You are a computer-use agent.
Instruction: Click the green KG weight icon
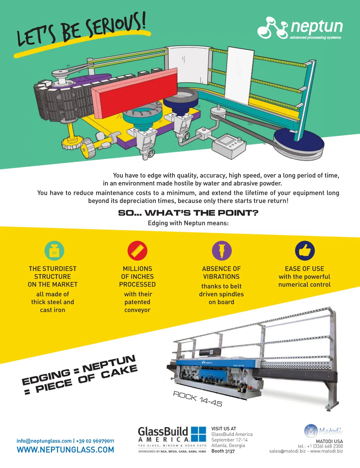[54, 251]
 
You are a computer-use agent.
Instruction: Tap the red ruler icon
[137, 251]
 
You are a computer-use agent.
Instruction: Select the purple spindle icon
[221, 251]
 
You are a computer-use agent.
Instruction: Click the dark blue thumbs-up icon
[305, 251]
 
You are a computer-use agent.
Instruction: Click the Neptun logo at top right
[300, 28]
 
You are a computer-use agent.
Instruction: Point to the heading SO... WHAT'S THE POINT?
[188, 213]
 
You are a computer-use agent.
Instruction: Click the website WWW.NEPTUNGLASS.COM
[65, 450]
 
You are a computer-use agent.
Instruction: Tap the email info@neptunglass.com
[44, 441]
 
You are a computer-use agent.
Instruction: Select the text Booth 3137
[223, 451]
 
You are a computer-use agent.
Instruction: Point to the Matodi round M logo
[311, 431]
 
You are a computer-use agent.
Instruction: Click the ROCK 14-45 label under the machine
[198, 399]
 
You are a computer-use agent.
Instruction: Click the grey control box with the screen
[229, 146]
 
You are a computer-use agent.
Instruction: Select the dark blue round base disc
[299, 142]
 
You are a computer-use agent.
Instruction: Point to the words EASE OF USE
[304, 268]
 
